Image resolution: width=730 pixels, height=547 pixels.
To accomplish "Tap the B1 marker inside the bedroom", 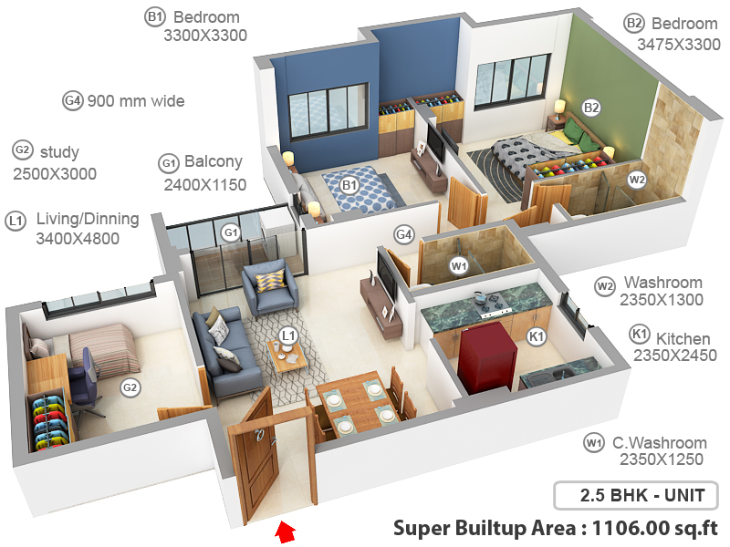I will click(349, 186).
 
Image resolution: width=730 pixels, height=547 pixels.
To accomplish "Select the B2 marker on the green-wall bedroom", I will click(591, 108).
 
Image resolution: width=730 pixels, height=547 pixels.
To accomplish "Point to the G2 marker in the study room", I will click(130, 387).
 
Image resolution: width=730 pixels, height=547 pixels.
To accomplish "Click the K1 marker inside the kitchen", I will click(537, 336).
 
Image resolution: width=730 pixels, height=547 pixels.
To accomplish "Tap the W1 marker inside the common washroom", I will click(459, 266).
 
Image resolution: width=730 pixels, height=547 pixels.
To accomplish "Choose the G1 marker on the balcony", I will click(232, 232).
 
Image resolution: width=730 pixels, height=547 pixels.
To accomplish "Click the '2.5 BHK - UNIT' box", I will click(635, 496).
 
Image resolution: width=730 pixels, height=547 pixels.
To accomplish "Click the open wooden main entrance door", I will click(255, 456).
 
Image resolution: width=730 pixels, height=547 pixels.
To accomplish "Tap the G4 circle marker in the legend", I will click(73, 100).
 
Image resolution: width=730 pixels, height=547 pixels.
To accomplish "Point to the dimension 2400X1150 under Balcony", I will click(205, 184).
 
